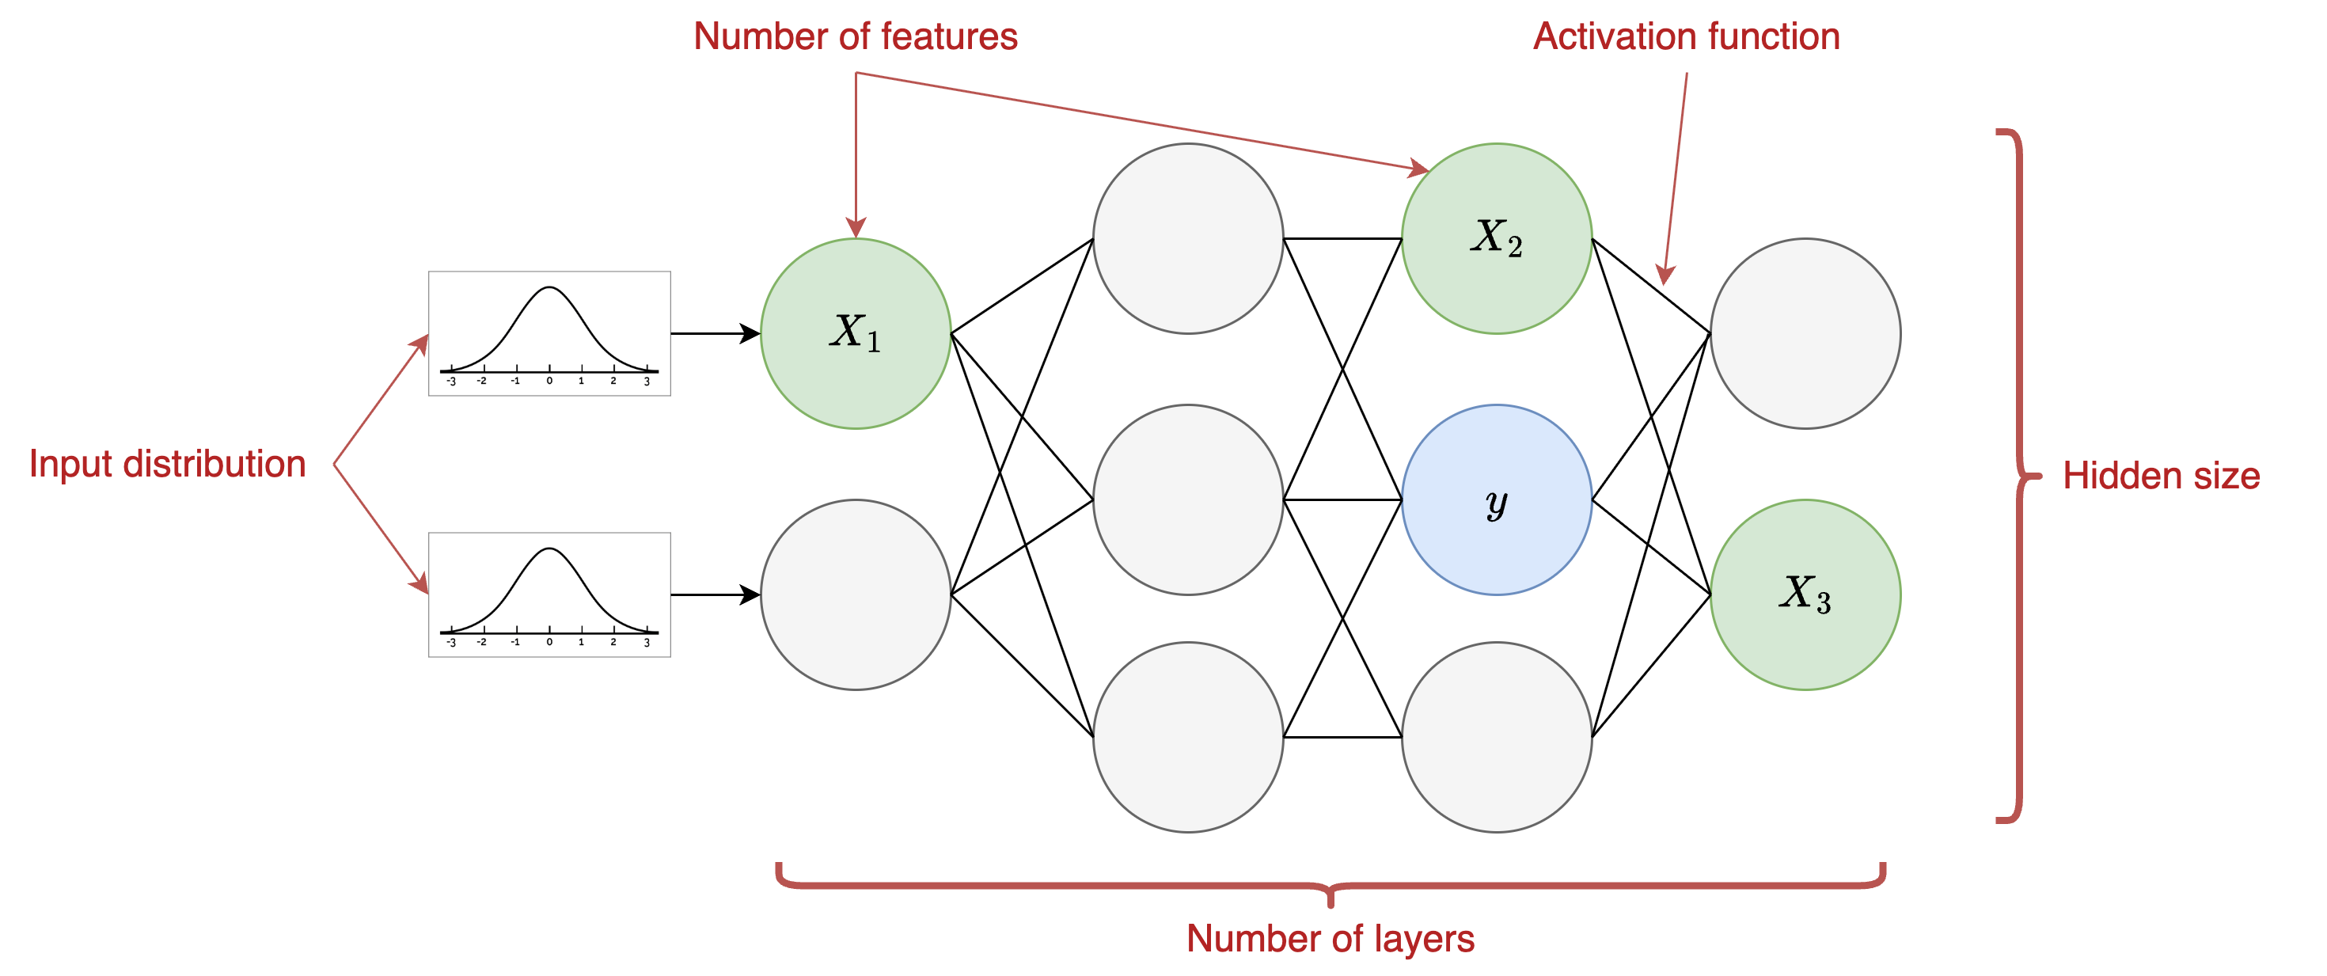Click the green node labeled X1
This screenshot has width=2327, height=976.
coord(855,333)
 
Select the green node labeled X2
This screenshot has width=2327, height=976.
coord(1496,238)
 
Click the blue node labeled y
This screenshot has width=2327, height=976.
coord(1496,499)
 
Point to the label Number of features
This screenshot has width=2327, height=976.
coord(855,37)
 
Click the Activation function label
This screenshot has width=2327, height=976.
coord(1686,37)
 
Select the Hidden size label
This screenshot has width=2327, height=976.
coord(2160,477)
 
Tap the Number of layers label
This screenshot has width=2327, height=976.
coord(1330,938)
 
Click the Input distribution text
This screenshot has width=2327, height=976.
coord(167,465)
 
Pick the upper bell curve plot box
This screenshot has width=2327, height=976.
coord(549,333)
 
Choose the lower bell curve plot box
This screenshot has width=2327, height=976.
coord(549,594)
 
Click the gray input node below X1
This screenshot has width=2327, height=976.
coord(855,594)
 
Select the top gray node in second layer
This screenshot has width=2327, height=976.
coord(1188,238)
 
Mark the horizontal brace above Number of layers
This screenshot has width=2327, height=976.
coord(1330,884)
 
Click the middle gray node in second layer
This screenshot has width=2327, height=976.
coord(1188,499)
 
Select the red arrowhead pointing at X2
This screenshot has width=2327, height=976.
coord(1418,168)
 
